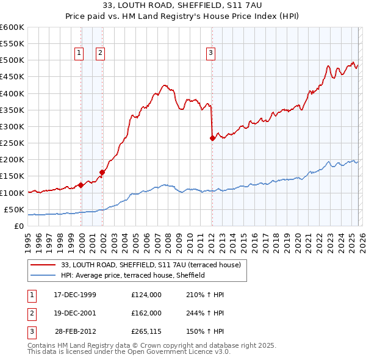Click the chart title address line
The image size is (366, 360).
pos(182,7)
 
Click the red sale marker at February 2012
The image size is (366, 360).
pos(212,139)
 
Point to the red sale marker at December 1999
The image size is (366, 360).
pos(81,185)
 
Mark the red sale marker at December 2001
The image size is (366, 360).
pos(102,173)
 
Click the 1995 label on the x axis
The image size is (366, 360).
pos(27,238)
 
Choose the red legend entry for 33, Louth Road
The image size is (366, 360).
pos(151,265)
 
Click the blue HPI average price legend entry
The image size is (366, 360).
pos(132,276)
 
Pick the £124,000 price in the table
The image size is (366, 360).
pos(146,295)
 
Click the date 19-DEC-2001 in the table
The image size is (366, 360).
pos(75,314)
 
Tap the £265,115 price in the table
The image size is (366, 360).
pos(146,333)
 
